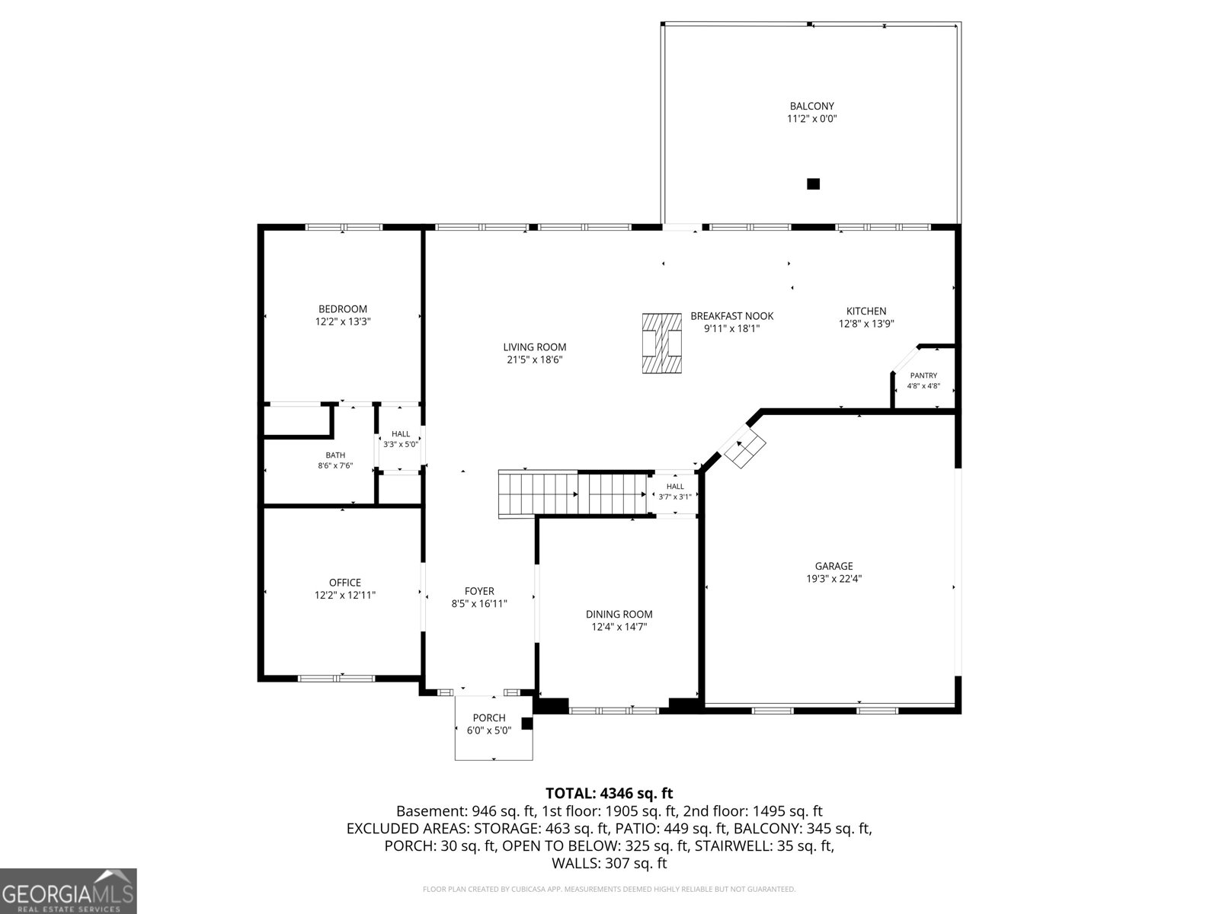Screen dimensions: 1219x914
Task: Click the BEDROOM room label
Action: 343,309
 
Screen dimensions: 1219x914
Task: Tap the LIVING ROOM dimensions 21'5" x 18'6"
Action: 535,360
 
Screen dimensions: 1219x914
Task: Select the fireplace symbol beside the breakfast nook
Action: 661,343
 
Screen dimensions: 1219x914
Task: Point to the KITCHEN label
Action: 865,312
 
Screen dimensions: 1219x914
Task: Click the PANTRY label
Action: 923,376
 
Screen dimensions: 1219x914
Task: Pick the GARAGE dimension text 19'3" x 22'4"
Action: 834,579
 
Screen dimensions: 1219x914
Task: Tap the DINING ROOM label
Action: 619,615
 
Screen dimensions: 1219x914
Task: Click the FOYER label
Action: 479,592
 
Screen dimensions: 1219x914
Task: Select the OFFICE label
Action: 345,583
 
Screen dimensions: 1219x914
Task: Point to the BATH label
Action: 335,455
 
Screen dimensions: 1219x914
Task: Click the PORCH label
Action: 489,718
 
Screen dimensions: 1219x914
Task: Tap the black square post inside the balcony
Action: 813,184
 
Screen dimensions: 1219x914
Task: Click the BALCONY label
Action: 812,106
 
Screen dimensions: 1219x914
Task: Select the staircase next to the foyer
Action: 572,494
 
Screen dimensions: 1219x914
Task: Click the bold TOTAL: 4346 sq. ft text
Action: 609,793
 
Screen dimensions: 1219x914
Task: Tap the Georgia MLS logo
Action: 69,890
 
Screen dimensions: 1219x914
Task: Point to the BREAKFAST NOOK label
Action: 732,316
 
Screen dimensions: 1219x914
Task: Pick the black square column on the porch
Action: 526,724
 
